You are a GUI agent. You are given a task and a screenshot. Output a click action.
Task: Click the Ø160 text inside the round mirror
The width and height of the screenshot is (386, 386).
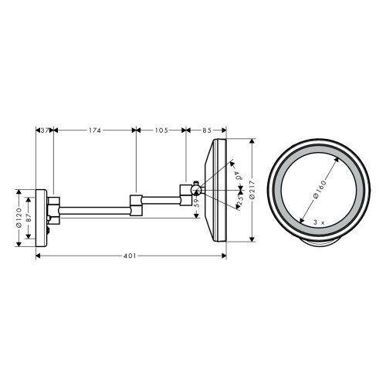pos(316,187)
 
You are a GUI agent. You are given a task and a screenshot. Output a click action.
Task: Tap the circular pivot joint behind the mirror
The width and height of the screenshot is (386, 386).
pos(196,189)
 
